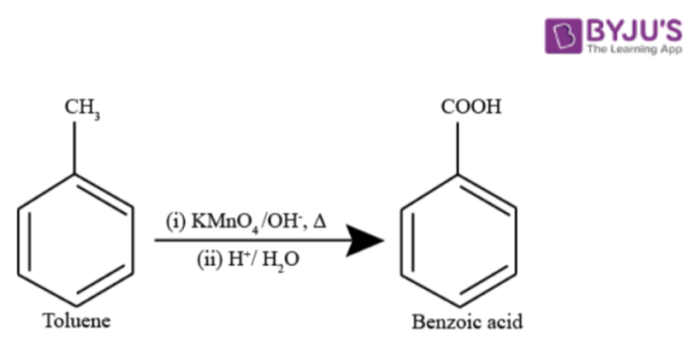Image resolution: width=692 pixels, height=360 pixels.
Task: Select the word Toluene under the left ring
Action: (x=76, y=321)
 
